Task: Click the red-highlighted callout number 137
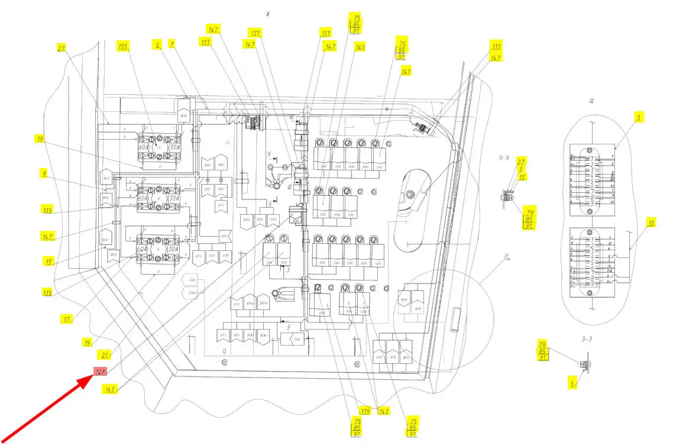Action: [x=100, y=372]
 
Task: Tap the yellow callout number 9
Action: [x=44, y=174]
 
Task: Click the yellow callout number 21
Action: [x=105, y=355]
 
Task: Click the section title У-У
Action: [x=504, y=157]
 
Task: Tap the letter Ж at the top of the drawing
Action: [x=267, y=15]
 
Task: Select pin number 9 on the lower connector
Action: [x=591, y=285]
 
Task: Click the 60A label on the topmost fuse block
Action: [x=144, y=148]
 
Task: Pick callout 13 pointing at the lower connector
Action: [x=651, y=223]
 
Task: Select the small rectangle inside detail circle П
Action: [x=454, y=320]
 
